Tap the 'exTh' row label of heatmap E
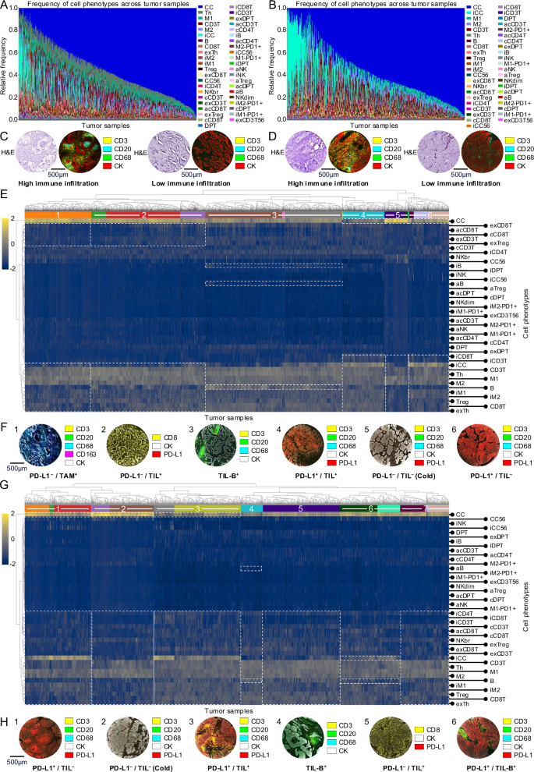(x=462, y=410)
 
